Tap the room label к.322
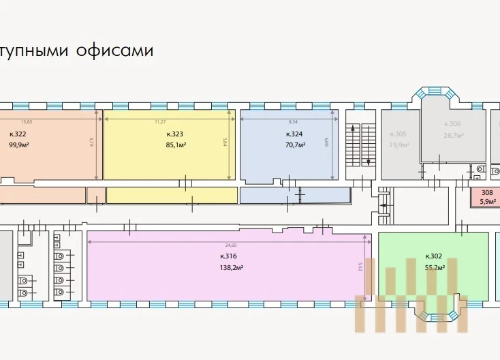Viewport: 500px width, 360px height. click(x=18, y=134)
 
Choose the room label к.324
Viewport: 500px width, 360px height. click(x=295, y=134)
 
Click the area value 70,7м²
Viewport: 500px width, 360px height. click(x=295, y=145)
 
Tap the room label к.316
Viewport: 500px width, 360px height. click(x=228, y=256)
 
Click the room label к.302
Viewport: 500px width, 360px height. click(x=434, y=256)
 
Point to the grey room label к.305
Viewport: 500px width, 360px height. click(x=398, y=134)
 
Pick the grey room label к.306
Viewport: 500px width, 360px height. click(x=453, y=124)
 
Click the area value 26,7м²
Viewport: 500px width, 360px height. click(x=454, y=135)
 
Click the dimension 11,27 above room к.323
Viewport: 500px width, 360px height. click(x=160, y=121)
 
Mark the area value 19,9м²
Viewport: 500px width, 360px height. click(x=399, y=145)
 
